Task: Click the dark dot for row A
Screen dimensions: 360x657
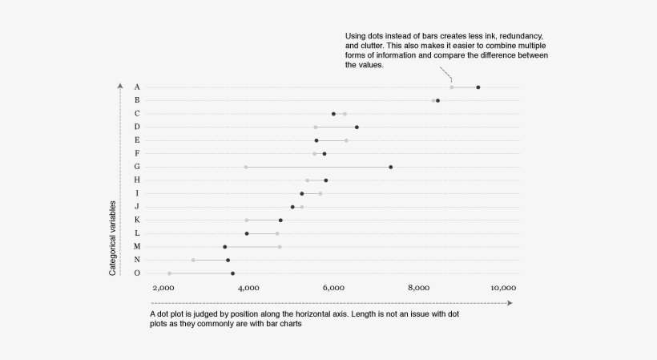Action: (478, 87)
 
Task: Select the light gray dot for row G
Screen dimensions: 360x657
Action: (246, 167)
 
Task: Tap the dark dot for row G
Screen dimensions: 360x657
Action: (390, 167)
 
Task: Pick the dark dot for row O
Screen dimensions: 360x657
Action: (232, 273)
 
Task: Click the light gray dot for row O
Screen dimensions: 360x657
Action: (169, 273)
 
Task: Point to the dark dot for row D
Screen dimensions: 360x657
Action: (357, 127)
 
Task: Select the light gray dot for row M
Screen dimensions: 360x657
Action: (280, 247)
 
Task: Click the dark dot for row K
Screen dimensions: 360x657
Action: (280, 220)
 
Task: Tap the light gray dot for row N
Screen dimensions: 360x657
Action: (193, 260)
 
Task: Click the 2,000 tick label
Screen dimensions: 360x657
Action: (163, 287)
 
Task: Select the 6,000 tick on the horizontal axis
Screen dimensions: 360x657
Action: (333, 287)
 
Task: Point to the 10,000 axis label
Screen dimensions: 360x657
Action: (503, 287)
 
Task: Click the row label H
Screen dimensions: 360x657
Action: (137, 180)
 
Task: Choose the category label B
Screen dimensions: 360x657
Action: (137, 100)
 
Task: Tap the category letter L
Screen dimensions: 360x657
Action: (137, 233)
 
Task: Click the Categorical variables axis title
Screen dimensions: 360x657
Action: (113, 238)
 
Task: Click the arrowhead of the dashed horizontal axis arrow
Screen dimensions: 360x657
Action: (509, 303)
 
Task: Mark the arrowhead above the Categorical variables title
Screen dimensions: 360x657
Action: (119, 84)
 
